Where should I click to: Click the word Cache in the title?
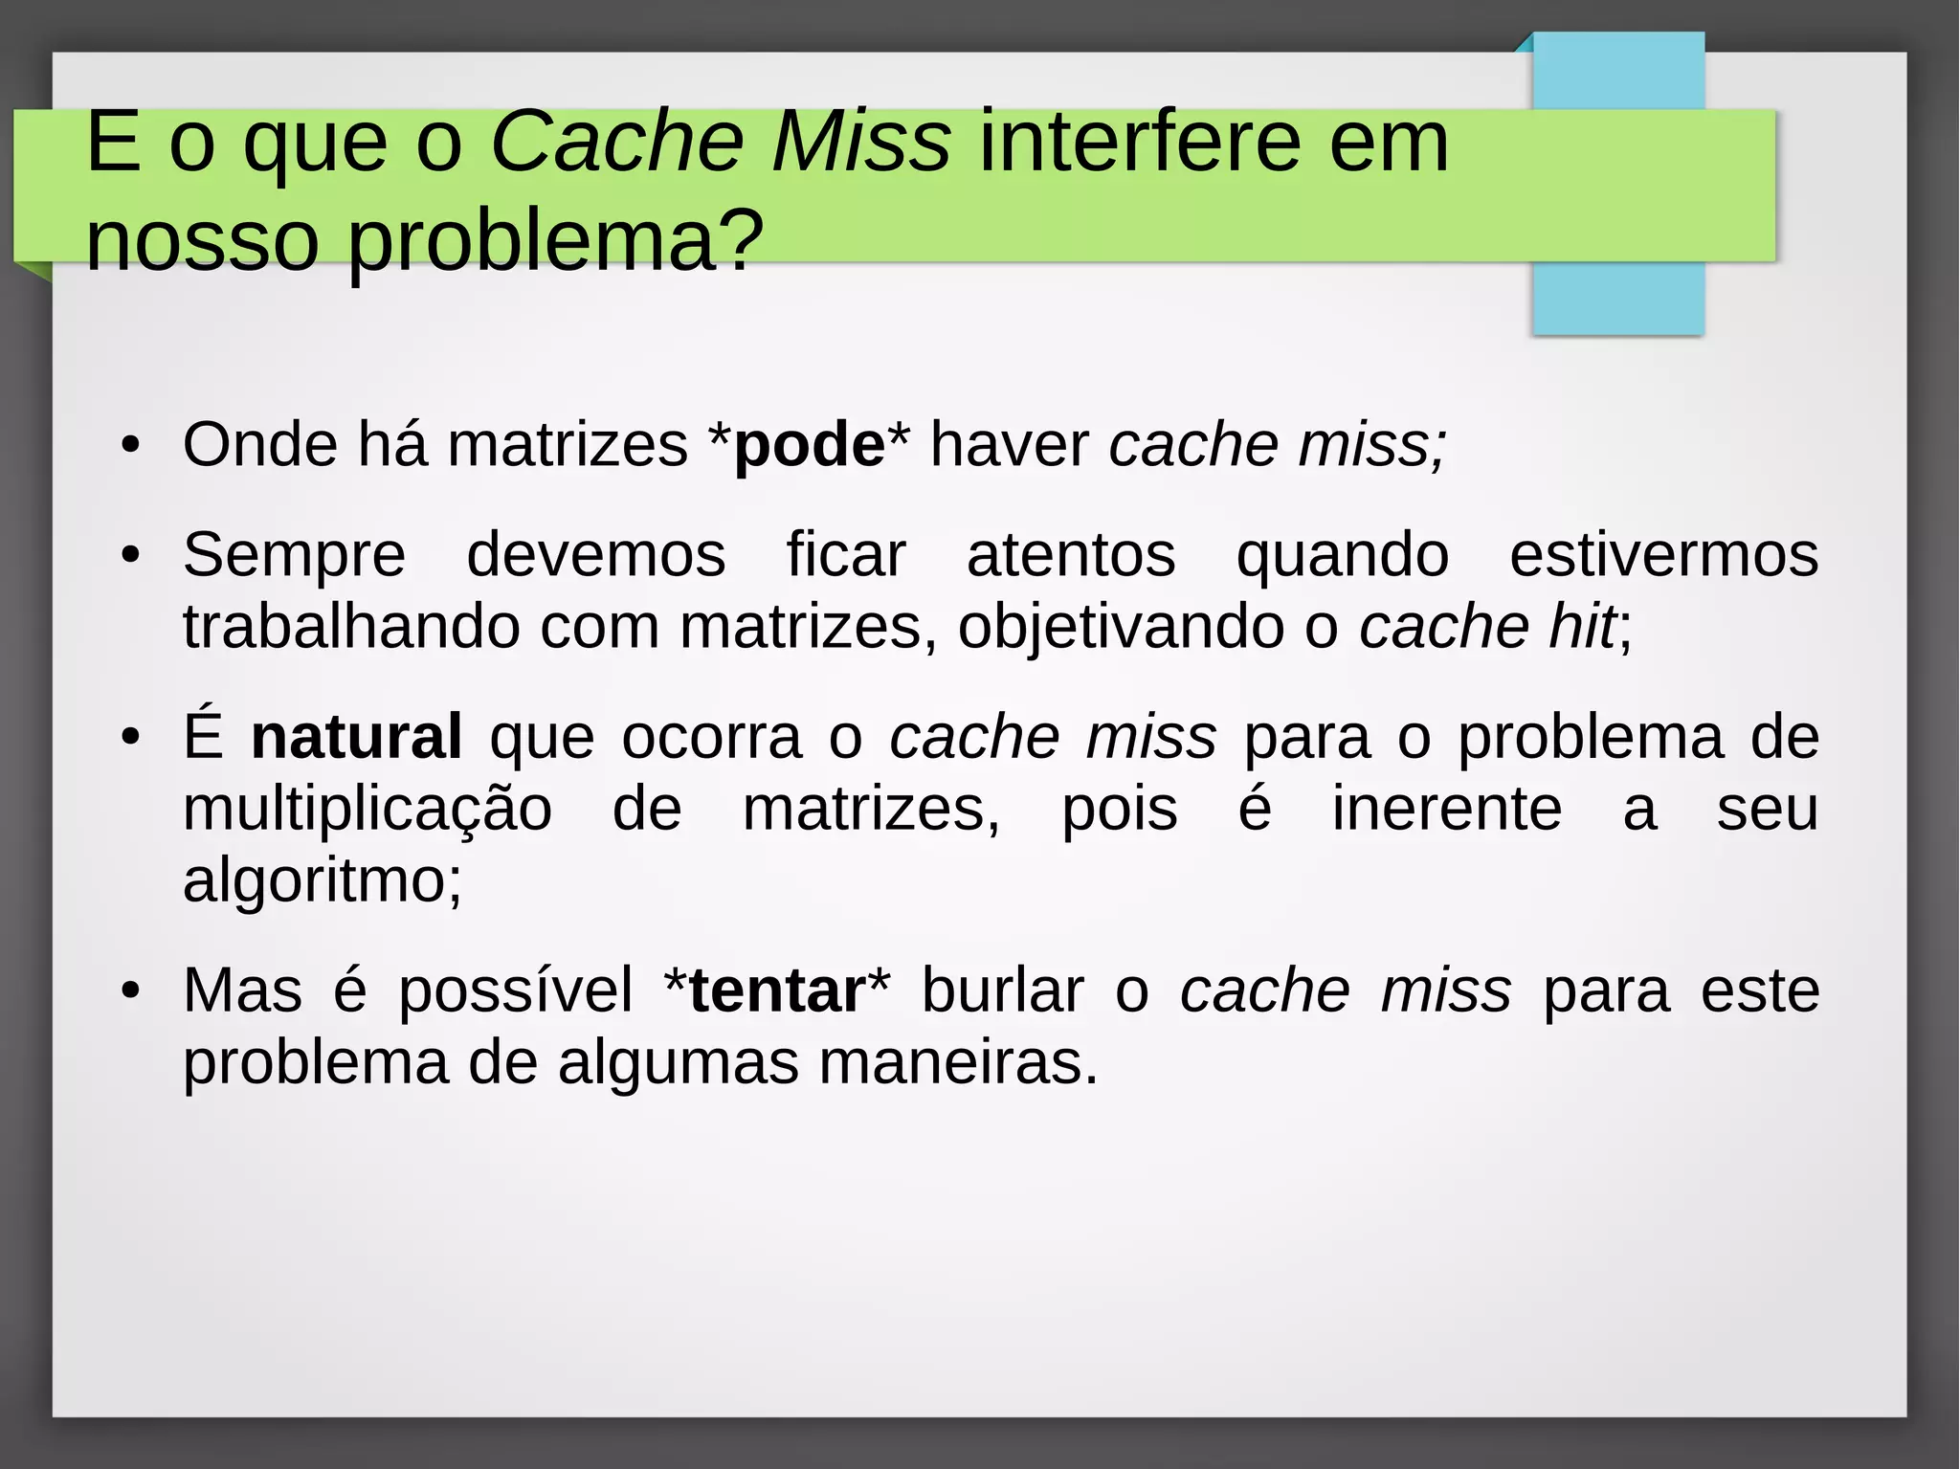617,143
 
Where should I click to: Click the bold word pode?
809,446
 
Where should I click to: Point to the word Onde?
260,445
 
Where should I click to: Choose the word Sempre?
294,555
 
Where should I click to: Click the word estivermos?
1663,555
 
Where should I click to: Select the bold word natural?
356,737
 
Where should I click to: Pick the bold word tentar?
776,990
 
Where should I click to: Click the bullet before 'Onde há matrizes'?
131,446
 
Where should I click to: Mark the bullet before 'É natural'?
131,738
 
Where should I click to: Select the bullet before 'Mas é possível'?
131,991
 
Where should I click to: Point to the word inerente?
1446,810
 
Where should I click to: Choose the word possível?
515,990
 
